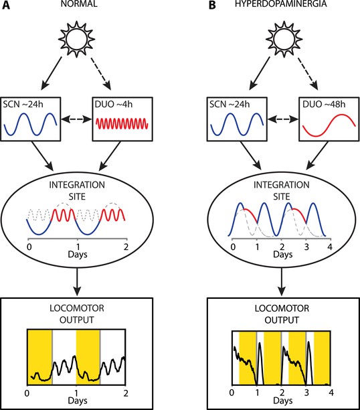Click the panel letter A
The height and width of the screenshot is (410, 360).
coord(6,5)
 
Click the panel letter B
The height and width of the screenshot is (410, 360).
coord(212,5)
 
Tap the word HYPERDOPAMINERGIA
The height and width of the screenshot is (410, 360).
coord(281,3)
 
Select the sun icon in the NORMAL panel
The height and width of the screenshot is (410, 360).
coord(76,39)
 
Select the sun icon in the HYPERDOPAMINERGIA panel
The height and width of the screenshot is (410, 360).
coord(284,39)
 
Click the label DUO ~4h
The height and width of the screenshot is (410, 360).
coord(114,105)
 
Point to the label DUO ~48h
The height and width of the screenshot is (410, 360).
coord(324,105)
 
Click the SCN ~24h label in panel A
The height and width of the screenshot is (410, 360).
coord(23,105)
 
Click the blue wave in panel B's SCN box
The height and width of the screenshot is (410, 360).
coord(237,124)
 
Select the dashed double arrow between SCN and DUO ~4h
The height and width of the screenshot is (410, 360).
coord(76,119)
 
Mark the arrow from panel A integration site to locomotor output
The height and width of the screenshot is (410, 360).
coord(77,282)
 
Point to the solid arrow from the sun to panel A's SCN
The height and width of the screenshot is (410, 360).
coord(52,74)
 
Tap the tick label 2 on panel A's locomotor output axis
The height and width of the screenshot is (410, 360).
coord(126,393)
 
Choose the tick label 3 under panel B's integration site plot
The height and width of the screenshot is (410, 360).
coord(306,247)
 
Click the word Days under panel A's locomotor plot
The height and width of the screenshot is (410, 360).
coord(78,401)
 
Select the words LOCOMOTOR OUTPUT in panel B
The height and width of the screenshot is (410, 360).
coord(282,314)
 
